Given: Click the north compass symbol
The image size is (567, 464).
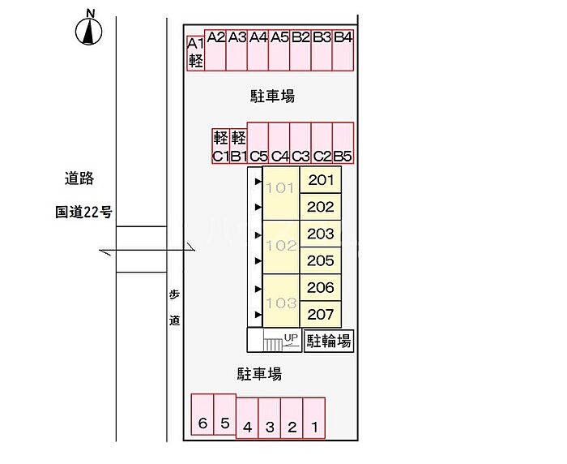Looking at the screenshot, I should pos(90,30).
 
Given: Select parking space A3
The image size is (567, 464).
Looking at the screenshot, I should pos(237,50).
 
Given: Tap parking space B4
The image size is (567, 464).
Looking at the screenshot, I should pos(343,50).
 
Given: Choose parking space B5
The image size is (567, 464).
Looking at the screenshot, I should pos(343,144).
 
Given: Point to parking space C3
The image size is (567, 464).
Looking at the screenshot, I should pos(301,144).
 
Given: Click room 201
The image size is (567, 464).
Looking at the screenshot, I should pos(321,180).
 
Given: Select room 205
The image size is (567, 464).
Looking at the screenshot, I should pos(321,260).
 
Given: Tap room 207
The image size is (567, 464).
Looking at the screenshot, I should pos(321,314).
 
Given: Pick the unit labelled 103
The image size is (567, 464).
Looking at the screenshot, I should pos(280,302).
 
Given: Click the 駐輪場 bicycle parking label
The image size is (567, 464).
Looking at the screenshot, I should pos(329,342).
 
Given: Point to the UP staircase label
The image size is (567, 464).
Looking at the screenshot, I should pos(291,337).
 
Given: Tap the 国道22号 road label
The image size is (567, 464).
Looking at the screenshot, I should pos(83,213).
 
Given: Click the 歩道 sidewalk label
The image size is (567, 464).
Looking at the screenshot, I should pos(174,308).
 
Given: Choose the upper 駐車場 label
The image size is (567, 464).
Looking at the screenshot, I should pos(272,97).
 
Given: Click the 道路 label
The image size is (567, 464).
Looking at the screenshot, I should pos(79,178).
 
